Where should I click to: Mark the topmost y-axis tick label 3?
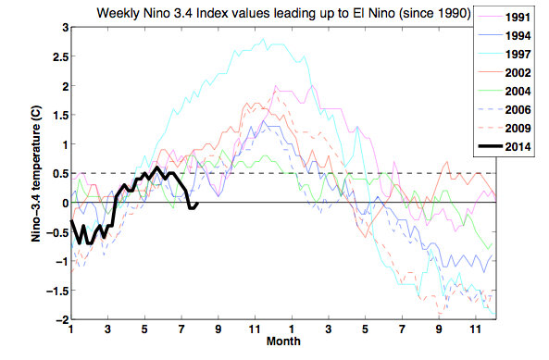62,29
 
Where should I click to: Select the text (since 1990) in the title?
431,13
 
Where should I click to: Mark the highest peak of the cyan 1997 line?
264,40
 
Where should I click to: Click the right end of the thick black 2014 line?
197,204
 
